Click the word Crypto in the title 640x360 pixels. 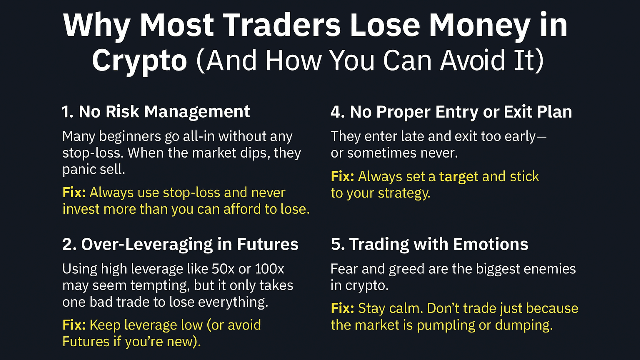coord(139,62)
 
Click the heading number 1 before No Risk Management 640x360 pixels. coord(67,112)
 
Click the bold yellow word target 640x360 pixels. coord(459,176)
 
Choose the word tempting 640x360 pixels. coord(163,286)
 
